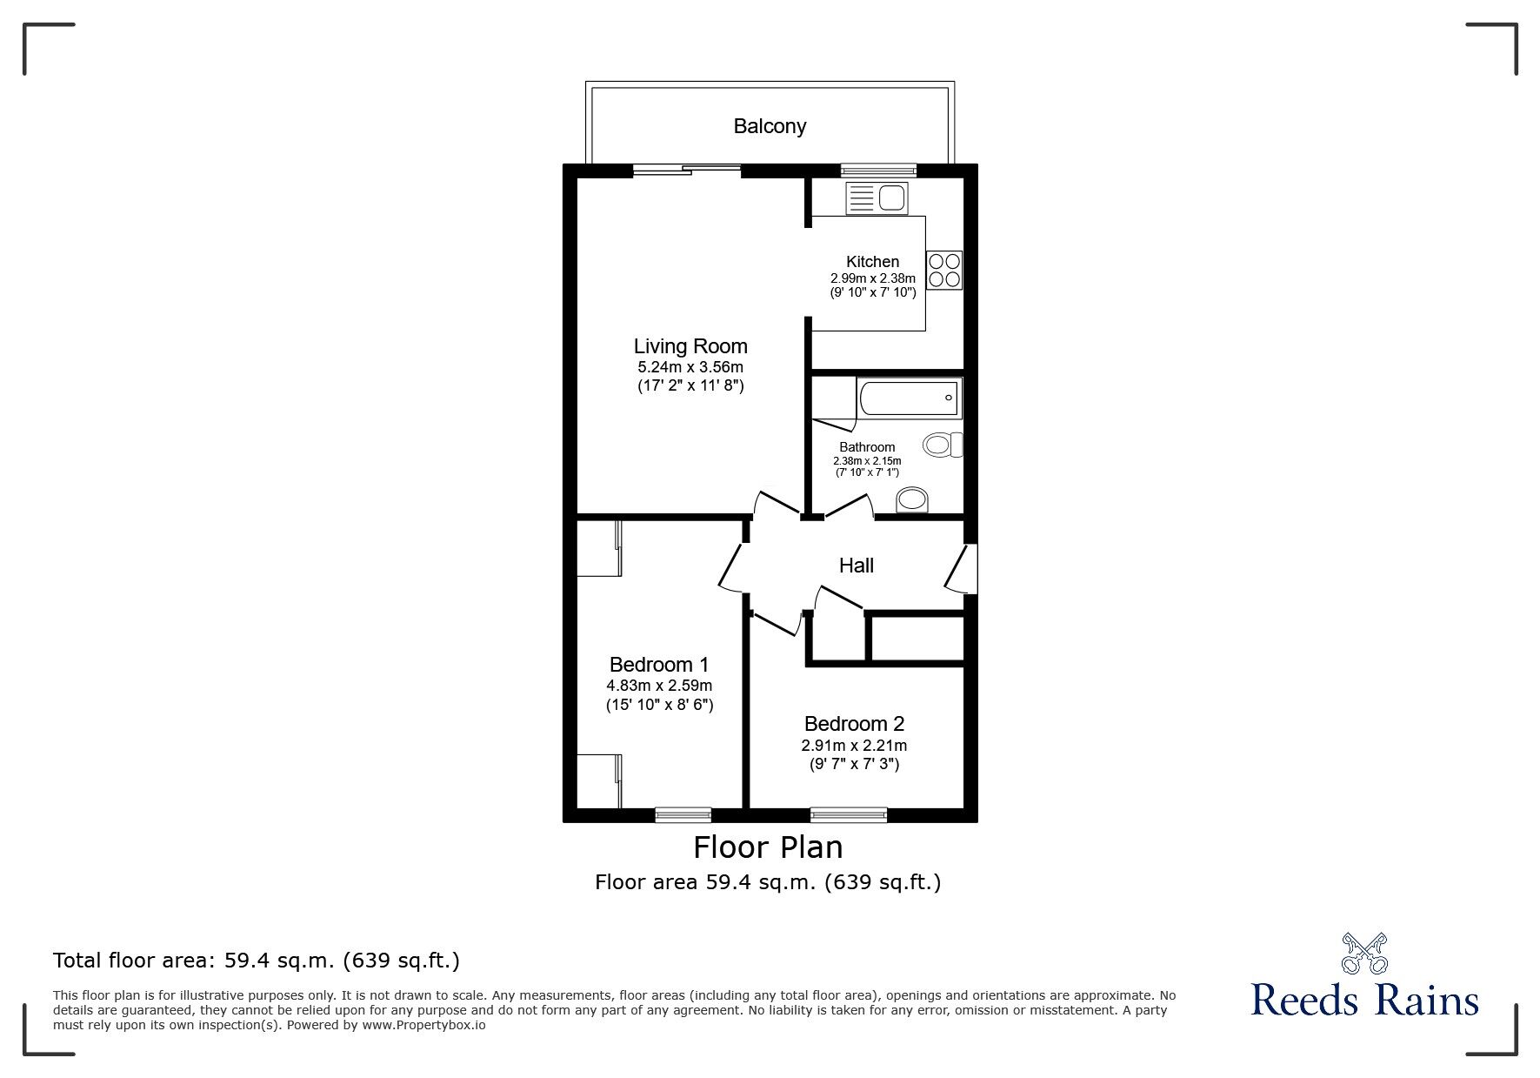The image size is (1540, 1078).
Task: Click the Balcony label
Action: click(770, 126)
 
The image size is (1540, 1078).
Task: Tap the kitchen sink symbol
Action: click(876, 199)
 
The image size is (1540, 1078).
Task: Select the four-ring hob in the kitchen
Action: click(944, 270)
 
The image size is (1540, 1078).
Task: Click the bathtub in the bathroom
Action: click(909, 398)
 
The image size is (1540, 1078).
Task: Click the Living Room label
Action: click(690, 346)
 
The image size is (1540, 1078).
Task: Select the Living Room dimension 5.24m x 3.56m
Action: click(690, 367)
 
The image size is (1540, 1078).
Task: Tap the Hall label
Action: click(856, 566)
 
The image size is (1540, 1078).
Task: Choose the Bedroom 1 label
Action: click(658, 665)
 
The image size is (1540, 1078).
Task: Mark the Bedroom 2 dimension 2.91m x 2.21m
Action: click(854, 746)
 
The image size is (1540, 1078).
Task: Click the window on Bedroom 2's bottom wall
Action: click(849, 815)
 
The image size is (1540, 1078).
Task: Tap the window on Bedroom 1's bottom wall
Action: click(683, 815)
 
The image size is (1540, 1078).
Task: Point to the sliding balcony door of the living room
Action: click(687, 171)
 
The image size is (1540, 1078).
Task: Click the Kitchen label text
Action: click(872, 262)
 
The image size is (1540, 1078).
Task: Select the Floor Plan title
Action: click(768, 847)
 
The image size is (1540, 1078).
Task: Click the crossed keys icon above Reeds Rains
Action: click(1364, 953)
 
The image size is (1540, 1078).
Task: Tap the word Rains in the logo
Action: click(1425, 1001)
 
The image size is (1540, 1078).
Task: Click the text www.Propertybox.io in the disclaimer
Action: click(424, 1025)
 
